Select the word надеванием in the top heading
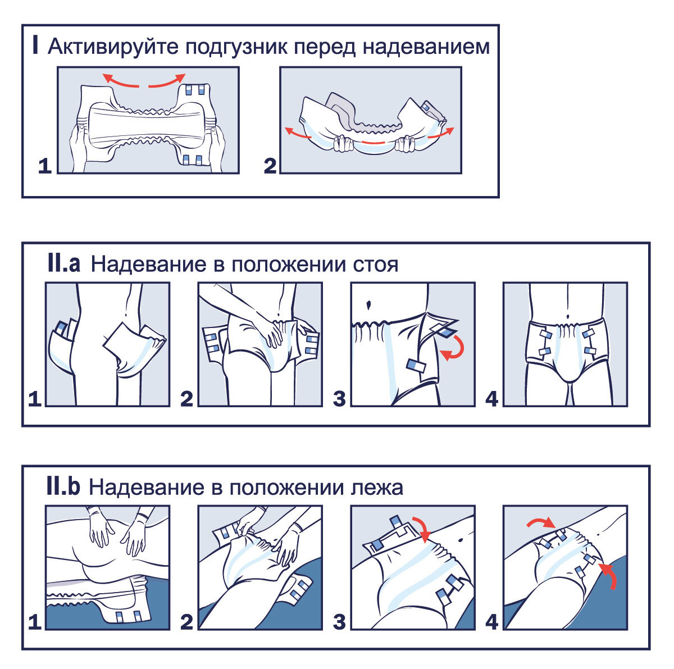[426, 47]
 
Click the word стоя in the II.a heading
[375, 265]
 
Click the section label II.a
[63, 263]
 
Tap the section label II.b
[63, 486]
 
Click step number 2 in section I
[270, 166]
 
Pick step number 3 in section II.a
[339, 399]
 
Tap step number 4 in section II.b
[491, 622]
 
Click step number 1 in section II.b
[35, 622]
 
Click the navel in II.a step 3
[368, 305]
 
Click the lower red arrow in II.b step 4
[609, 576]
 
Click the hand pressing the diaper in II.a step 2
[270, 331]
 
